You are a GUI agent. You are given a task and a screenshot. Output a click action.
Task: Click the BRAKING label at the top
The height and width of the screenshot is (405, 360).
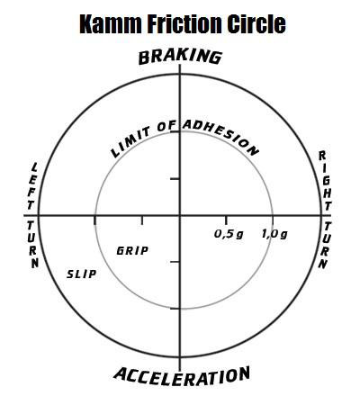tap(180, 57)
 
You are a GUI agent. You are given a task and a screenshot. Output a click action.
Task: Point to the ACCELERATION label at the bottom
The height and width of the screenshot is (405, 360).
tap(182, 376)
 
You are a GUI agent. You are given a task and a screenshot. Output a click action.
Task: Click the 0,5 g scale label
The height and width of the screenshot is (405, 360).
tap(229, 234)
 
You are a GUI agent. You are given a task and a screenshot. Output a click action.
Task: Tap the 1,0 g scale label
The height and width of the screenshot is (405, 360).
tap(274, 234)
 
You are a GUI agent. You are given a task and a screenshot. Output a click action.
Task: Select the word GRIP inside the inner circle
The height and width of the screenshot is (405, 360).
tap(132, 250)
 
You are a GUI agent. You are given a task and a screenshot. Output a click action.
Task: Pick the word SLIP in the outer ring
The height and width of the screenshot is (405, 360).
tap(82, 274)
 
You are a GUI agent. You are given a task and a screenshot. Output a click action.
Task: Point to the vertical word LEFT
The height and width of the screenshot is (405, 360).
tap(32, 186)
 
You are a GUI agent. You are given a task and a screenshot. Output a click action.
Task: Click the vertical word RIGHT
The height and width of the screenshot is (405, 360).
tap(326, 181)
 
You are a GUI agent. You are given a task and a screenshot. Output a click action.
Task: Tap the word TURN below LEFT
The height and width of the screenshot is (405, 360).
tap(32, 245)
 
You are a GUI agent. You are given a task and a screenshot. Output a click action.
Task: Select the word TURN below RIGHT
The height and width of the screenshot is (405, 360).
tap(326, 245)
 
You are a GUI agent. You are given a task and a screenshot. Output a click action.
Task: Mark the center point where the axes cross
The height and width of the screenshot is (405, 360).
tap(180, 215)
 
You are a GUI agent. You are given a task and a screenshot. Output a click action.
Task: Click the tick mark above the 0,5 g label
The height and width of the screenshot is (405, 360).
tap(226, 220)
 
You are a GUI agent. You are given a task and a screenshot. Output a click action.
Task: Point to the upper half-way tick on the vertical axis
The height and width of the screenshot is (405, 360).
tap(175, 179)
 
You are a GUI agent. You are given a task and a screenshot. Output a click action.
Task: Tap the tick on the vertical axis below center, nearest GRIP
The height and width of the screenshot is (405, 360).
tap(175, 262)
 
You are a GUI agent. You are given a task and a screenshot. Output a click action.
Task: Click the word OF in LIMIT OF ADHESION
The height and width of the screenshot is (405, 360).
tap(166, 127)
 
